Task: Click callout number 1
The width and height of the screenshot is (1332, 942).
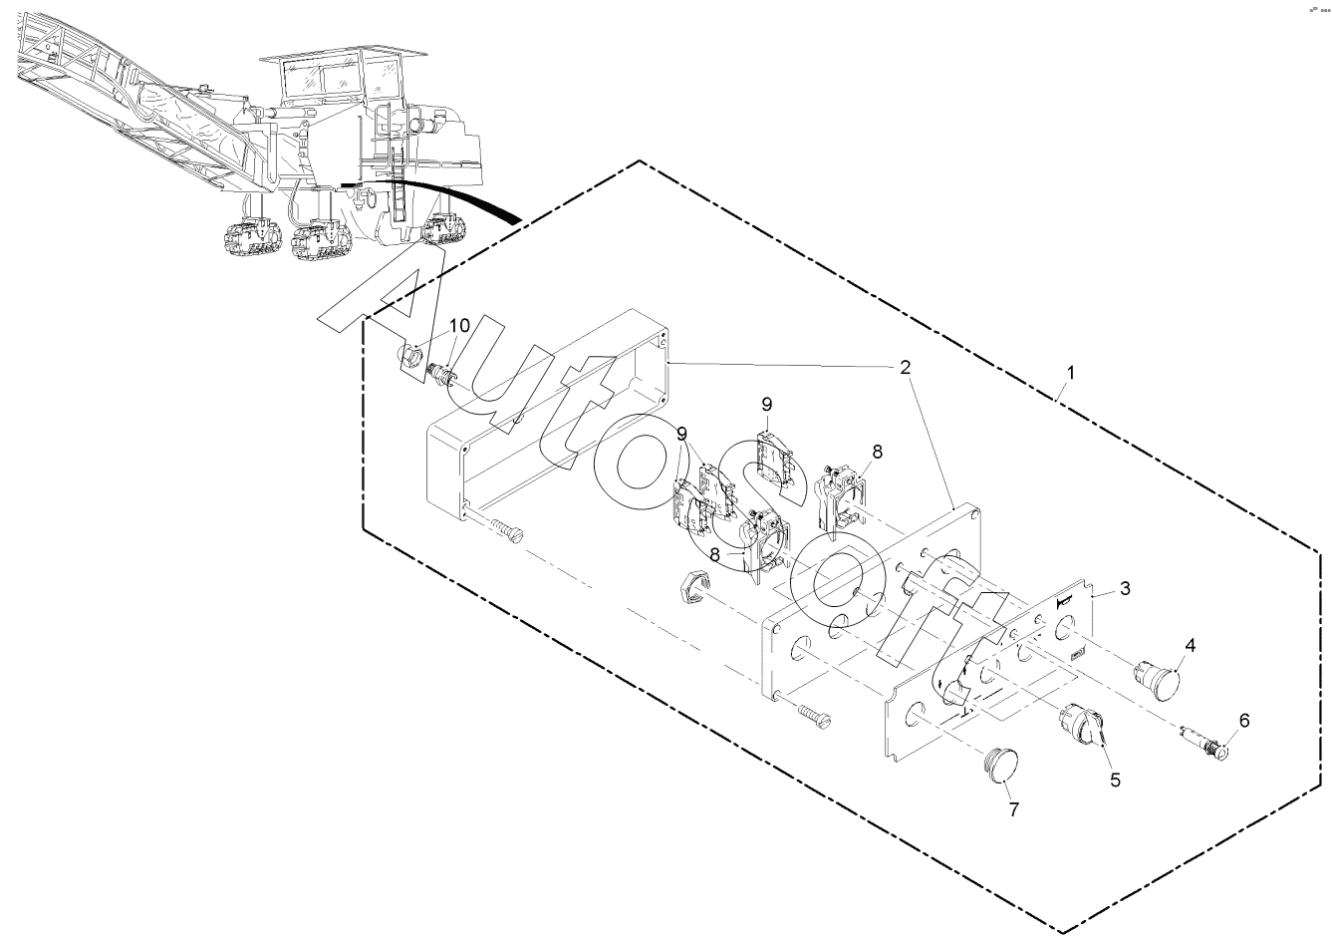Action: (1070, 372)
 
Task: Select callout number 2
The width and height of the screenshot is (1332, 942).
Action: (904, 367)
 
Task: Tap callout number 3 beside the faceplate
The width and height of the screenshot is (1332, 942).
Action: (1124, 587)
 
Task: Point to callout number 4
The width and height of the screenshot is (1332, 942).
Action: (1190, 645)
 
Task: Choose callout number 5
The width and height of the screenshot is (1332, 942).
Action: (1116, 780)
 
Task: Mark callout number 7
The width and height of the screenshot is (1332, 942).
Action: (1013, 809)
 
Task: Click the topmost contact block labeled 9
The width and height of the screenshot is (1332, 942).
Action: (773, 455)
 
